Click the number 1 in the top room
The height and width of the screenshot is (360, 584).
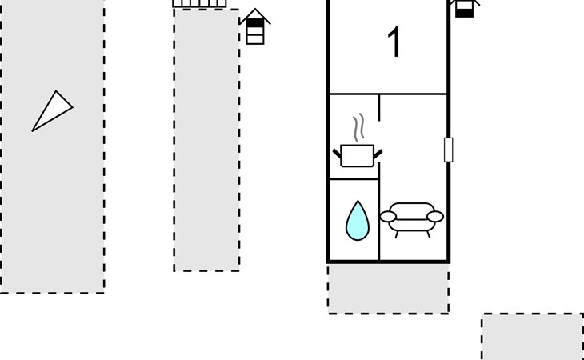coord(394,42)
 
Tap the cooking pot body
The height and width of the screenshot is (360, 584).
coord(357,156)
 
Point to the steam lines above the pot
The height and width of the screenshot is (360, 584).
coord(358,127)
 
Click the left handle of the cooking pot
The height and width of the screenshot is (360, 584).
coord(337,153)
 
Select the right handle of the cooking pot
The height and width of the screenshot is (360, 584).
coord(378,154)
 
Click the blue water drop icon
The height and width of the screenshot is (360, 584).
coord(358,221)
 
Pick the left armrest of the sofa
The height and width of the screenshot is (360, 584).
coord(388,216)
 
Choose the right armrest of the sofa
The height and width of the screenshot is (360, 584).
coord(435,216)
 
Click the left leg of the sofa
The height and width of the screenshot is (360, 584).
coord(397,234)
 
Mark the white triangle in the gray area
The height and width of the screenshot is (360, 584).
coord(52,111)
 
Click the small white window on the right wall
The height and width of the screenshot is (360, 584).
coord(449,150)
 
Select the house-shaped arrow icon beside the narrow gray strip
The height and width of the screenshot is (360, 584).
coord(255,26)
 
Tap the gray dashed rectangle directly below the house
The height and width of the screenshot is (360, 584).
coord(389,289)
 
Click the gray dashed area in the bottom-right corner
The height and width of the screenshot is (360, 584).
coord(532,337)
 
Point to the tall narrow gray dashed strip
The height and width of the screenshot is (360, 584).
coord(206,140)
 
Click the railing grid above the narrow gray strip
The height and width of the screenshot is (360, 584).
coord(199,3)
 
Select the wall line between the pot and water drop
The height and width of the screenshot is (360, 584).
coord(354,179)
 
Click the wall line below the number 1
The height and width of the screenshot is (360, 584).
coord(388,94)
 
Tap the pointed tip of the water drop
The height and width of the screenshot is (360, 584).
coord(358,201)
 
